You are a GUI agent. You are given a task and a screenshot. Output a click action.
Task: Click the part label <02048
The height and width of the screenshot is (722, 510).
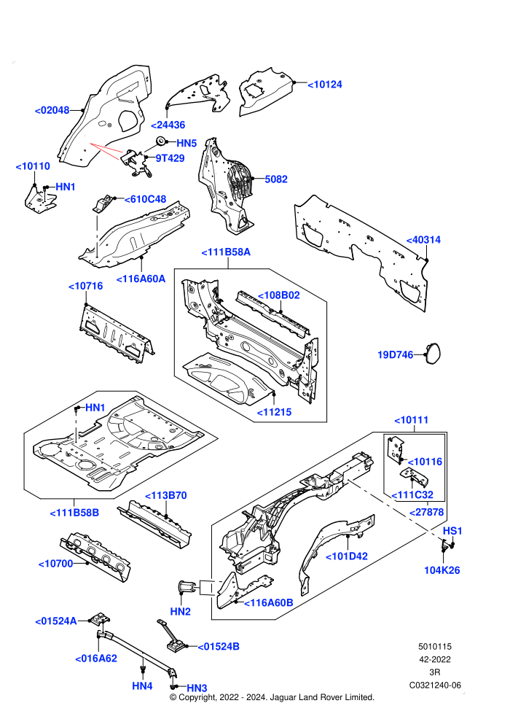coord(52,111)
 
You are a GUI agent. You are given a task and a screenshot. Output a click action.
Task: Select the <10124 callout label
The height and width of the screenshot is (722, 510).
coord(325,85)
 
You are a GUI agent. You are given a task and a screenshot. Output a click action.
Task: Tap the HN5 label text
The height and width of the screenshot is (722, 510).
coord(187,143)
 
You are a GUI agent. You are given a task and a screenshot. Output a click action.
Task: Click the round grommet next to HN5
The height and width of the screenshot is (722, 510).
coord(161,141)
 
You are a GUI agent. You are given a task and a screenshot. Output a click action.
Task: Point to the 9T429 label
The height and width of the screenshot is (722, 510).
coord(170,158)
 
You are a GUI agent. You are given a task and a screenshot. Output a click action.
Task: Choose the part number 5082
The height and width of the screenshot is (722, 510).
coord(276,179)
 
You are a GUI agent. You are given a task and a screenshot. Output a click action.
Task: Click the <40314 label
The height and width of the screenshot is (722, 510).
coord(423,240)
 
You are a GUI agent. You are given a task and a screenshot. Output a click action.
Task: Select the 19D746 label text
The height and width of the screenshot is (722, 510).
coord(396,355)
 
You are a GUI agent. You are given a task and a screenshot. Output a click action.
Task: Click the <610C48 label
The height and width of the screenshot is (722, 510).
coord(145,199)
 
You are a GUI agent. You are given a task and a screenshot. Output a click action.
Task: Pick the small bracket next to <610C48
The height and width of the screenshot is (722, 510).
coord(104,204)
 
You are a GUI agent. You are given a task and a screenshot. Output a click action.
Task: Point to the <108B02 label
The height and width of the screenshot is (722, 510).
coord(279,295)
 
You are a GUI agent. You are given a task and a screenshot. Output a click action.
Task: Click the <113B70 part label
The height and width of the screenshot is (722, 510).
coord(166,495)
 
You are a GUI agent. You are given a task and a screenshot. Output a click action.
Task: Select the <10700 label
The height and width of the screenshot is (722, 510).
coord(55,564)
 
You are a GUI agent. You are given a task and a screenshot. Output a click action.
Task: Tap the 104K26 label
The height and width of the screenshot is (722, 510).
coord(442,570)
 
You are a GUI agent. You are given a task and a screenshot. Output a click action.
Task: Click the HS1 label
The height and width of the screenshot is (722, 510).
coord(452,531)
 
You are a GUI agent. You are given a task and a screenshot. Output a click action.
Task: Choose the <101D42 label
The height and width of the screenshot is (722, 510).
coord(347,556)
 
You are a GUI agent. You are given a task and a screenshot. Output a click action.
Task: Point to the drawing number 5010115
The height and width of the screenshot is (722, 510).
coord(435,646)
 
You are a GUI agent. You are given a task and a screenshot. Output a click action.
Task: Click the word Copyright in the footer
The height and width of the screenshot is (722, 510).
coord(197,698)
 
